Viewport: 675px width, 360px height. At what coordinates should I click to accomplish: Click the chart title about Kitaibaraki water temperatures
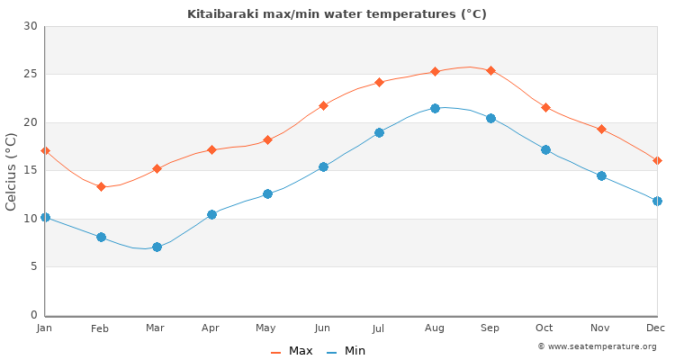coord(337,13)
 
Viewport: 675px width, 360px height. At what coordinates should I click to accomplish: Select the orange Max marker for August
coord(435,71)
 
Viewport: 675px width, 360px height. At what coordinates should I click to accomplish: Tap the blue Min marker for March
coord(157,247)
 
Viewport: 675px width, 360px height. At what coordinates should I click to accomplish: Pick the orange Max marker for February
coord(101,186)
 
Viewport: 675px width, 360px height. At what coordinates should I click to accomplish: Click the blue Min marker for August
coord(435,108)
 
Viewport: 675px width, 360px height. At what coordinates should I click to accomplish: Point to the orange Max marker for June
coord(323,105)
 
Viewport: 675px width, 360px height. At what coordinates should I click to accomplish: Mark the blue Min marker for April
coord(211,214)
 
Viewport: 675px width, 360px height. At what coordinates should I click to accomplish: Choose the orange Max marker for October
coord(545,107)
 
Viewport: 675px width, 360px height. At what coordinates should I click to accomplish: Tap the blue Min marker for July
coord(379,132)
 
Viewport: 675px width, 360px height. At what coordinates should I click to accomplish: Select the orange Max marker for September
coord(490,70)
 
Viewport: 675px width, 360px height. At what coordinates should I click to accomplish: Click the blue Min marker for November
coord(601,175)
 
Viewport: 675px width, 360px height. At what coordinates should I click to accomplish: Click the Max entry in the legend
coord(292,351)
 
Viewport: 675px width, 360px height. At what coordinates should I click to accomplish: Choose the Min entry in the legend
coord(346,351)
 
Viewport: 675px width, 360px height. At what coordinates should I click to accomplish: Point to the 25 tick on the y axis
coord(31,74)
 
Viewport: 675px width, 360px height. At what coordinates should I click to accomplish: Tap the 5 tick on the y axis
coord(33,266)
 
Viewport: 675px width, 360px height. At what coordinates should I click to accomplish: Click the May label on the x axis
coord(267,328)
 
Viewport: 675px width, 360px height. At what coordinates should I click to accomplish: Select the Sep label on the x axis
coord(490,328)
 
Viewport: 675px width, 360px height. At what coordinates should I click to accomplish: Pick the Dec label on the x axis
coord(655,328)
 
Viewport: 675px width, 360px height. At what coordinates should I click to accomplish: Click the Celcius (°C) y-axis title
coord(12,171)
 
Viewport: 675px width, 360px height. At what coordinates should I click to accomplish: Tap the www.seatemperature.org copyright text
coord(597,346)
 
